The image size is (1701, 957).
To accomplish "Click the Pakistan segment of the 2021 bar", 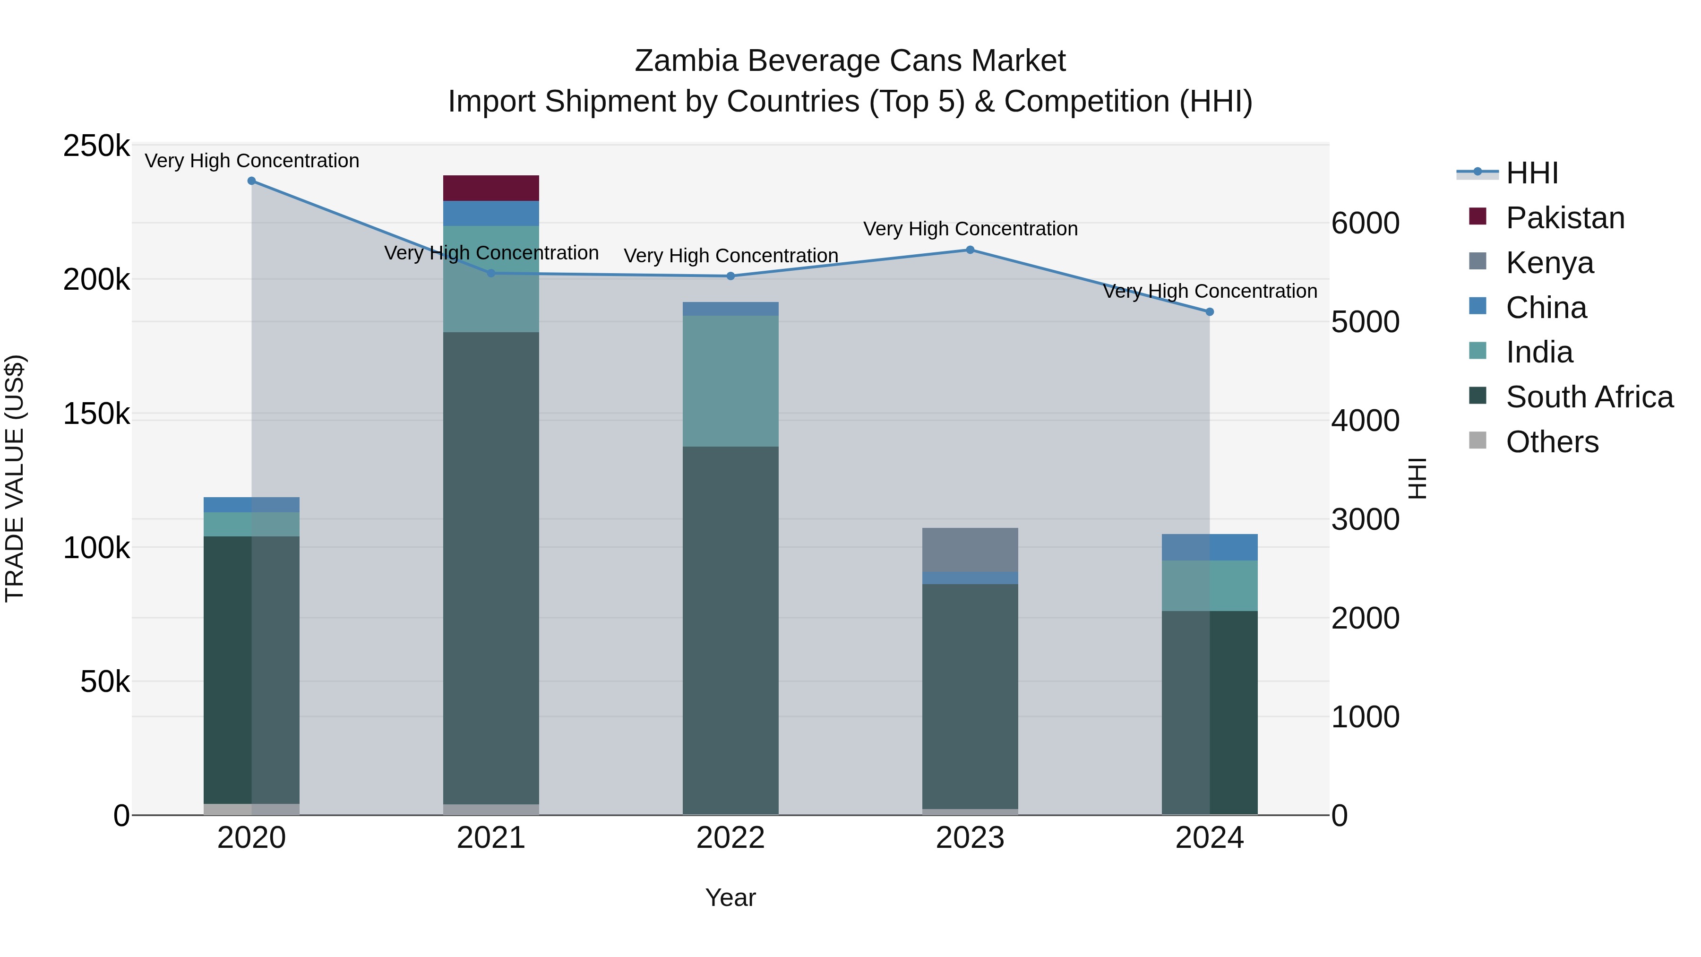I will [x=490, y=188].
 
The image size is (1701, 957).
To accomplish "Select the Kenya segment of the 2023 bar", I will [x=970, y=550].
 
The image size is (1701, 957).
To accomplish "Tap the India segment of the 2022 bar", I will [x=730, y=380].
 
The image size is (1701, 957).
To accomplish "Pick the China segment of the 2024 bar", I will [x=1209, y=547].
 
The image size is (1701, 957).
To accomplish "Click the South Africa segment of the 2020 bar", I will [x=251, y=669].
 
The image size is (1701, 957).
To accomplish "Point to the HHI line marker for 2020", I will [x=251, y=181].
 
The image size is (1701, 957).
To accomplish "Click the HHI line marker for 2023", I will [x=970, y=250].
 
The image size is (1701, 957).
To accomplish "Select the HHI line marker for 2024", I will [x=1209, y=312].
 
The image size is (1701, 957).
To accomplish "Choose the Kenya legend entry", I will [x=1549, y=263].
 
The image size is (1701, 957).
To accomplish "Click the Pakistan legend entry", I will [x=1564, y=218].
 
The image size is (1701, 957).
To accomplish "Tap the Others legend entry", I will [x=1552, y=442].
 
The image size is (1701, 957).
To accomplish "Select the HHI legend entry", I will [x=1532, y=173].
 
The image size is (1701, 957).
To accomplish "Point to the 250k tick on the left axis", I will [x=96, y=146].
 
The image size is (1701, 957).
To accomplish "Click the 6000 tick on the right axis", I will [x=1364, y=223].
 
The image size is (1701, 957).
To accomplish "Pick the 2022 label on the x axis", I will [x=730, y=838].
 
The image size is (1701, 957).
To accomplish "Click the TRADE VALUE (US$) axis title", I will [x=15, y=478].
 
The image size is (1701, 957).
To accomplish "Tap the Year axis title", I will [x=730, y=897].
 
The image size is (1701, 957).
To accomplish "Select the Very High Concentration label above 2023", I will [x=970, y=229].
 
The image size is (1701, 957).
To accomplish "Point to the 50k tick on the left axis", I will [x=105, y=681].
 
